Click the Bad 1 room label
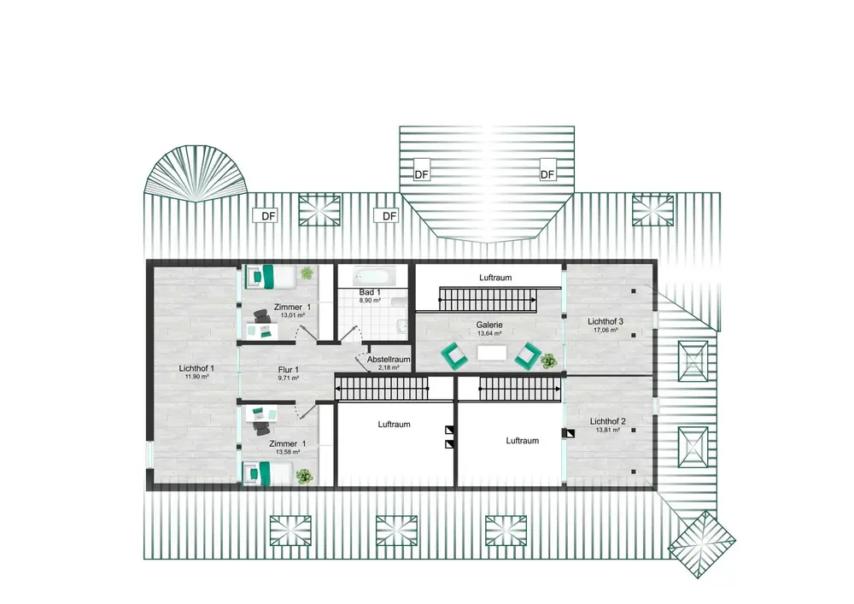coord(370,292)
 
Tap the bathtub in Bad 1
coord(374,276)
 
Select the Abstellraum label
coord(389,360)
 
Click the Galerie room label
coord(489,325)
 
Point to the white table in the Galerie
coord(492,353)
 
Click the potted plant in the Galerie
coord(548,361)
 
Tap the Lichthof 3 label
coord(605,321)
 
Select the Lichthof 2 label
coord(607,421)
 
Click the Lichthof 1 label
coord(196,368)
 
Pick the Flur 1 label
coord(288,369)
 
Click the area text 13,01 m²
coord(292,315)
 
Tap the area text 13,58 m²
coord(288,452)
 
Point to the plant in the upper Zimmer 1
coord(307,273)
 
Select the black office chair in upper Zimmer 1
coord(261,317)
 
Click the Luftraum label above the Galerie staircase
coord(495,277)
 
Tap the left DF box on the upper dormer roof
coord(422,174)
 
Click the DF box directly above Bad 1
coord(389,216)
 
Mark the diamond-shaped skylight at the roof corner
coord(701,544)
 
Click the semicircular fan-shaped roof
coord(195,173)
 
